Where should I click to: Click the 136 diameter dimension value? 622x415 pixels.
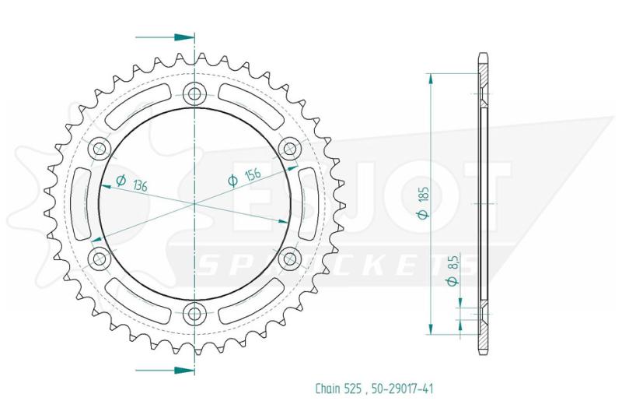pyautogui.click(x=140, y=185)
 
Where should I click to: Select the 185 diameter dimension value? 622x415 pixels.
pyautogui.click(x=425, y=195)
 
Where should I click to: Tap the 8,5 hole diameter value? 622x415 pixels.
pyautogui.click(x=454, y=263)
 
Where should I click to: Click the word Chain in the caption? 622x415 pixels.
pyautogui.click(x=327, y=388)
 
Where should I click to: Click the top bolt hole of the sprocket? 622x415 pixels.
pyautogui.click(x=194, y=94)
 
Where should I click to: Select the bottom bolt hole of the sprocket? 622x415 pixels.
pyautogui.click(x=194, y=313)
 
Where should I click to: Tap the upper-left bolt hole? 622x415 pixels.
pyautogui.click(x=100, y=149)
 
